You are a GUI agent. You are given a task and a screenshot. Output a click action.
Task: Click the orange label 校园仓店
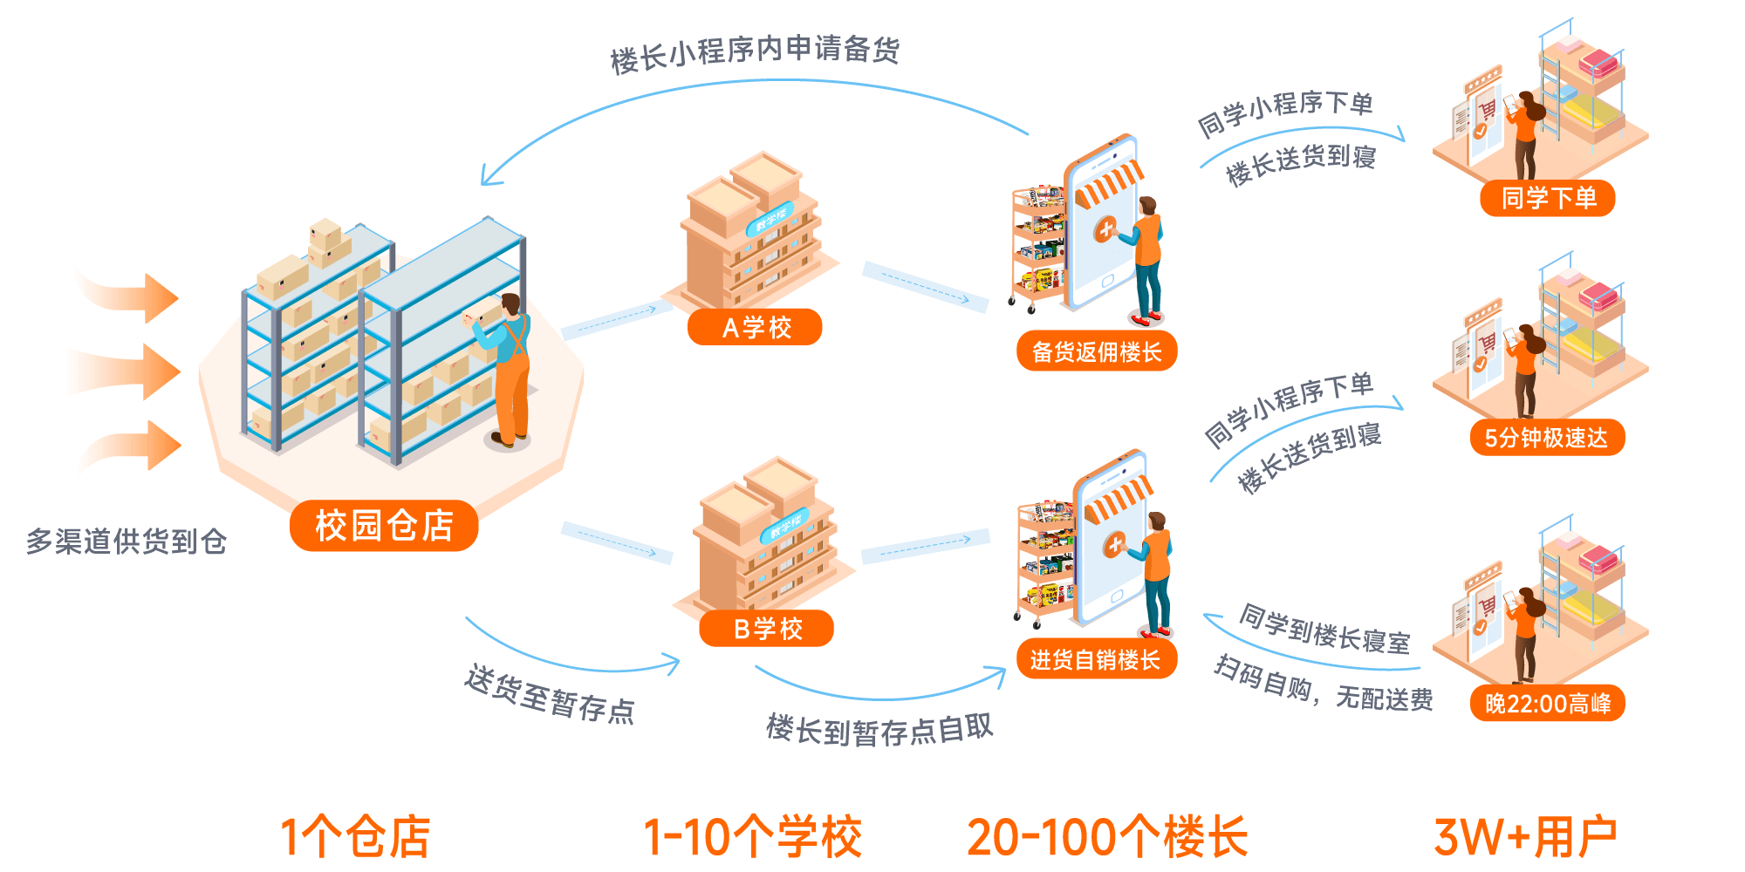point(384,526)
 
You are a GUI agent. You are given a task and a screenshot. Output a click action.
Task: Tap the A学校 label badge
point(756,328)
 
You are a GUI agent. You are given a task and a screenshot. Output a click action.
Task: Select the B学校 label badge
point(767,629)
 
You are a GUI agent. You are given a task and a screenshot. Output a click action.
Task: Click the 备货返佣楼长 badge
point(1097,352)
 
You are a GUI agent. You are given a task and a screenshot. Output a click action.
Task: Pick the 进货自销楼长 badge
point(1096,660)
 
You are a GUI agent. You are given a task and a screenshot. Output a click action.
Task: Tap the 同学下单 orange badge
point(1548,199)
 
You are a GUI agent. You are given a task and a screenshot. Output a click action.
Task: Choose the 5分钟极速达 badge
point(1546,438)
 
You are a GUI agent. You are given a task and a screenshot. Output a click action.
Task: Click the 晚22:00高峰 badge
point(1547,704)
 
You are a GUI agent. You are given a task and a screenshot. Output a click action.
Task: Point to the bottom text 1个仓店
point(355,837)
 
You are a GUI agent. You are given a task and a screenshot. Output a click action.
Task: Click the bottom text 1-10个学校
point(752,837)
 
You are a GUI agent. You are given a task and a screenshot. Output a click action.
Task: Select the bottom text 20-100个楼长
point(1107,837)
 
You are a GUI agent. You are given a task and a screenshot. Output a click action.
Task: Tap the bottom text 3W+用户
point(1525,837)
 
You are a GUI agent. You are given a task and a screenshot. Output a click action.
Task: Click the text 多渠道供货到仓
point(127,542)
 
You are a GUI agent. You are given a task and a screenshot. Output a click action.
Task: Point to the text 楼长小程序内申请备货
point(755,52)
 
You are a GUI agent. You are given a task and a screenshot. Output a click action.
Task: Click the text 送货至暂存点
point(550,694)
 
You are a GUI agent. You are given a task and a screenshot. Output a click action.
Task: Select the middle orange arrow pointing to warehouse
point(131,371)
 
